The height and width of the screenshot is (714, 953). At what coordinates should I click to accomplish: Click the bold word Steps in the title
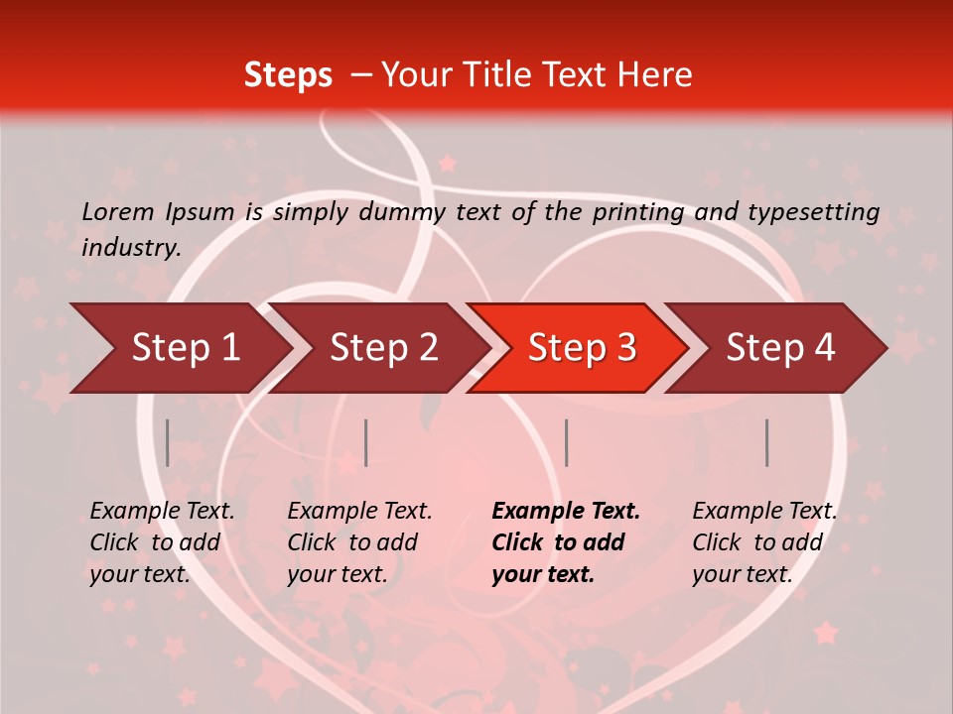tap(288, 75)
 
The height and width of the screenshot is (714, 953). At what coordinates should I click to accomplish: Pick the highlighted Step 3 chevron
tap(581, 347)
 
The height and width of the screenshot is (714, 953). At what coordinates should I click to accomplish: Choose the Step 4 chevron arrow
tap(780, 347)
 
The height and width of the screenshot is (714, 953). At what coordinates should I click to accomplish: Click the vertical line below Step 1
tap(168, 442)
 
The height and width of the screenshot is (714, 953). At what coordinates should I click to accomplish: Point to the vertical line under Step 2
tap(366, 442)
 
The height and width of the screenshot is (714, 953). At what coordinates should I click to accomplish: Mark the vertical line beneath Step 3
tap(567, 442)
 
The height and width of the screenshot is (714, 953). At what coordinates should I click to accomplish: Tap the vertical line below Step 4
tap(767, 442)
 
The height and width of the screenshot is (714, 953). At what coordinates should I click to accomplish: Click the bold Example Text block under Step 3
tap(566, 542)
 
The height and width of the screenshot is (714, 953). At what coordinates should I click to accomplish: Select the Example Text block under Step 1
tap(162, 542)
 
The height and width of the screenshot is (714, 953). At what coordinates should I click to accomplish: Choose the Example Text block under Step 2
tap(359, 542)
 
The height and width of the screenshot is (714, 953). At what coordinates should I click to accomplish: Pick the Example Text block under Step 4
tap(764, 542)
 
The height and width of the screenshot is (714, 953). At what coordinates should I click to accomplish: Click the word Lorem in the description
tap(118, 211)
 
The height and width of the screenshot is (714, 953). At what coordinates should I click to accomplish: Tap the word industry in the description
tap(131, 247)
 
